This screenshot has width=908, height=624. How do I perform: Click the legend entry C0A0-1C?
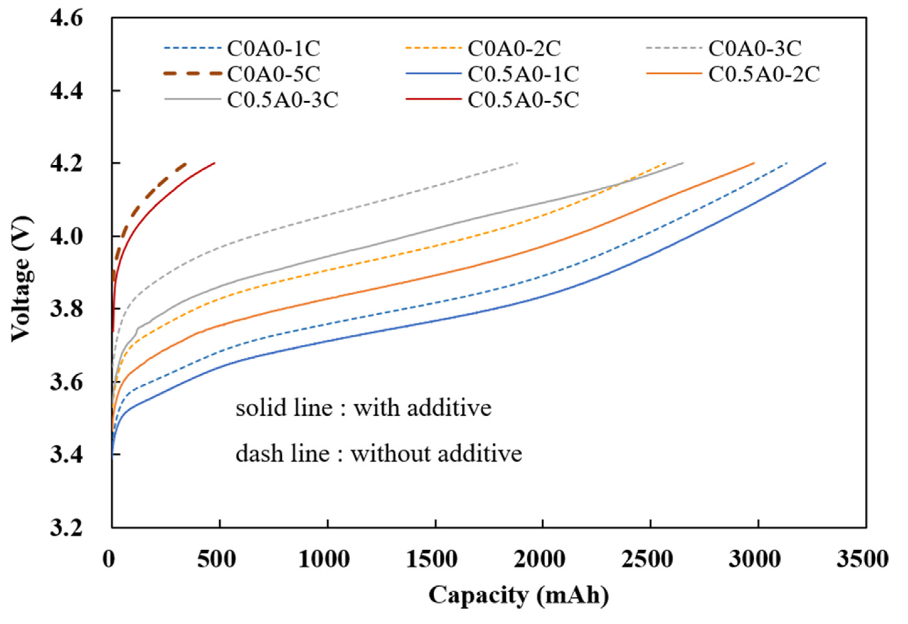click(x=273, y=49)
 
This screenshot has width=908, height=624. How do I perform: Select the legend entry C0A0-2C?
click(x=514, y=49)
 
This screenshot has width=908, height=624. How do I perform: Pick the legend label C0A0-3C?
click(x=755, y=49)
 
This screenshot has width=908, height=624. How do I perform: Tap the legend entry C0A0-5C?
click(x=273, y=74)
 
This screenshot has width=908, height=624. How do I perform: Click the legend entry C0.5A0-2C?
click(x=764, y=74)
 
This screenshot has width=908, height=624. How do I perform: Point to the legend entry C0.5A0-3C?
click(x=283, y=100)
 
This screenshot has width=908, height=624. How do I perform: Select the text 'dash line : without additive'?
click(x=378, y=454)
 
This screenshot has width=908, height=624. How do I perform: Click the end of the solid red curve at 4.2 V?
click(x=215, y=163)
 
